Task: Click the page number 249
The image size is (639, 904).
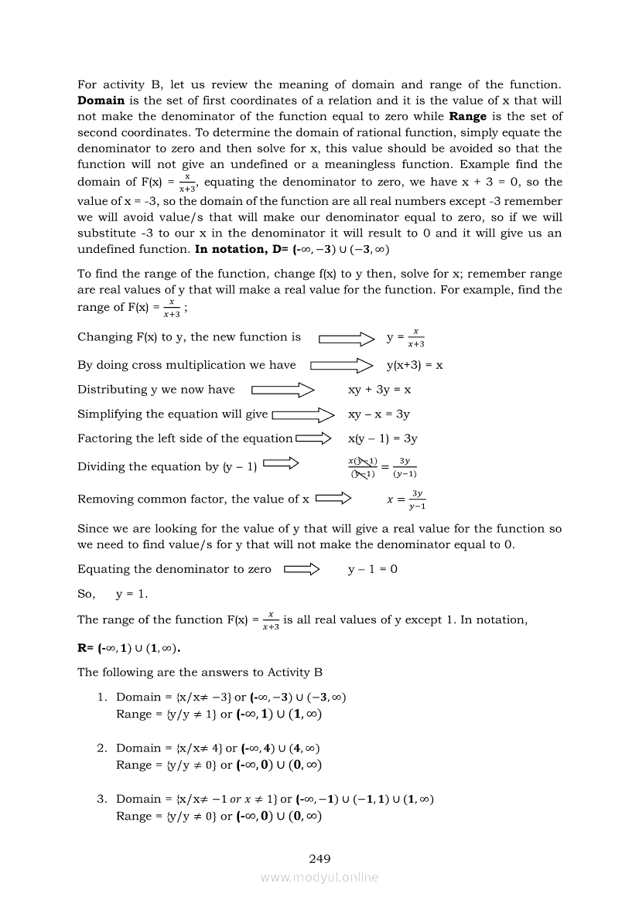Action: (319, 858)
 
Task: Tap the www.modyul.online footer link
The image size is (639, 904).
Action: (319, 877)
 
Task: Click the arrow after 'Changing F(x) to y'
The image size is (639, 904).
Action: (347, 338)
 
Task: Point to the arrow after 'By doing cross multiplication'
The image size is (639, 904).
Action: (342, 365)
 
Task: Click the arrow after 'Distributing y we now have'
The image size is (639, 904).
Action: (282, 390)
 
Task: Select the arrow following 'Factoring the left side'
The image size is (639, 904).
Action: (313, 438)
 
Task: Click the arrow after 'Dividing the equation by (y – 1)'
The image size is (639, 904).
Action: (281, 464)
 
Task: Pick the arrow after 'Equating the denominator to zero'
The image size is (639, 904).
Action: (302, 570)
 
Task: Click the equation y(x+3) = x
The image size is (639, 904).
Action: (415, 365)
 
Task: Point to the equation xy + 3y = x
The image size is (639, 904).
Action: (379, 390)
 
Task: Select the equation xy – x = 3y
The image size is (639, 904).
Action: (379, 414)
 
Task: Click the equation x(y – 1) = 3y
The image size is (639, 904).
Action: (383, 438)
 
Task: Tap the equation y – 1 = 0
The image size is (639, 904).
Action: (373, 570)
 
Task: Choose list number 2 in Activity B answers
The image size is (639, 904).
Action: (101, 748)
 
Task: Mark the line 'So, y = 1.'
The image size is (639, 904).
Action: (113, 595)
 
